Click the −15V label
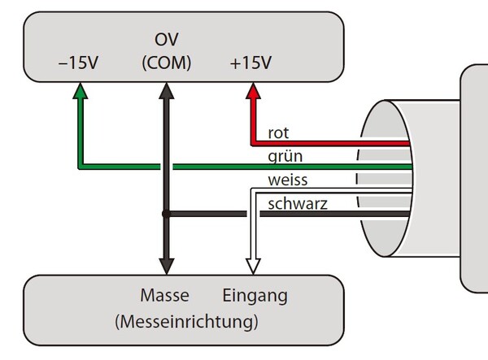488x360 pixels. click(79, 62)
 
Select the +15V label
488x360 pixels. click(248, 62)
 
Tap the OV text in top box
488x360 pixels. click(166, 39)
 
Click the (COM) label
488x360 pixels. click(166, 62)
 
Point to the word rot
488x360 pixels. click(278, 132)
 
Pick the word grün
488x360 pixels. click(281, 155)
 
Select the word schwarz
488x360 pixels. click(297, 204)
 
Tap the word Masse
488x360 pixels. click(165, 296)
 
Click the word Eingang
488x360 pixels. click(255, 296)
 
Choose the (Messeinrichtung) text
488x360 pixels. click(186, 322)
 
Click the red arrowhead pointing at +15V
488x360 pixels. click(253, 96)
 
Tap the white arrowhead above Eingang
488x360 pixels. click(252, 265)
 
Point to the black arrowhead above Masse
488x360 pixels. click(166, 265)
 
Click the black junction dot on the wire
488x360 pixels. click(166, 215)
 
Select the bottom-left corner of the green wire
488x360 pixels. click(80, 167)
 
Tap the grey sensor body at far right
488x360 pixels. click(473, 179)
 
